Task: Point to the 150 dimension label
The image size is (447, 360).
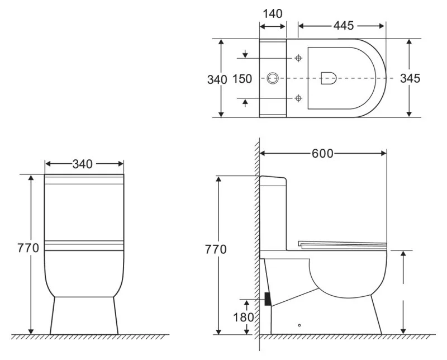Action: [242, 79]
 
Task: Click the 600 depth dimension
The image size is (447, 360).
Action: [322, 153]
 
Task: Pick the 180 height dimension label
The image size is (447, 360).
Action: [244, 317]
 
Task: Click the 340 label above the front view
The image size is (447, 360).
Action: [83, 164]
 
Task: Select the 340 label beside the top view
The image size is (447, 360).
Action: [217, 79]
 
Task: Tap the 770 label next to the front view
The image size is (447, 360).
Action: [28, 248]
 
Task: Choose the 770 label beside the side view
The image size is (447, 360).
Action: [215, 249]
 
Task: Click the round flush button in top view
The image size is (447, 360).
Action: [273, 78]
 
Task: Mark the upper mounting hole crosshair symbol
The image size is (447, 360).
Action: [298, 58]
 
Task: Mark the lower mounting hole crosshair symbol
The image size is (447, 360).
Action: [298, 98]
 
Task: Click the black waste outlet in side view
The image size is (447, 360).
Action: [268, 299]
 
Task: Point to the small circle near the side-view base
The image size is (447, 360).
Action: [300, 325]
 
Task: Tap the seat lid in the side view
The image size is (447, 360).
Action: [342, 243]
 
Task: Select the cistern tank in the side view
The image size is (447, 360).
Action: [274, 212]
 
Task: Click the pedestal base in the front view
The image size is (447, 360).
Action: [84, 316]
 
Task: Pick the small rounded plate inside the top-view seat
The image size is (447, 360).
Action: [329, 78]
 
